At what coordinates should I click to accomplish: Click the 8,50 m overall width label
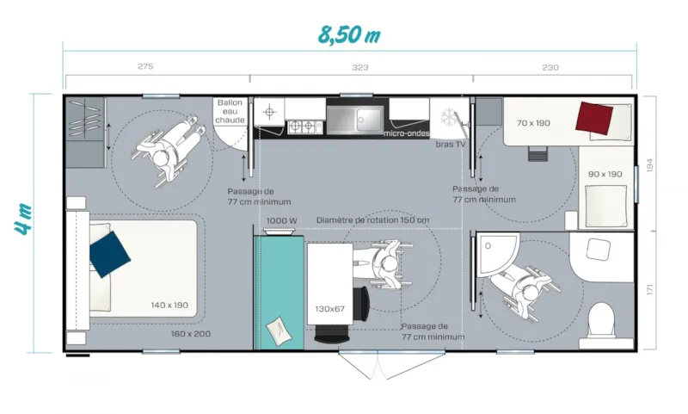click(x=348, y=35)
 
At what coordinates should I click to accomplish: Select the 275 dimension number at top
click(x=145, y=67)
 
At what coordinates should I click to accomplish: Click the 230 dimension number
click(x=550, y=67)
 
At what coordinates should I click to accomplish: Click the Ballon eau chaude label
click(x=230, y=111)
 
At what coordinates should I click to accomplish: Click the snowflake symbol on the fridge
click(x=449, y=117)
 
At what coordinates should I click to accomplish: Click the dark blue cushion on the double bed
click(x=110, y=253)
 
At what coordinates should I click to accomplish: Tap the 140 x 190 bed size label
click(x=169, y=305)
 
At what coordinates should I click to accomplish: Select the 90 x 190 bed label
click(x=605, y=175)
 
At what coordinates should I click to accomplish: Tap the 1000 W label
click(x=281, y=221)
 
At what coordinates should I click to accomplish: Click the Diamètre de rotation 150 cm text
click(x=372, y=220)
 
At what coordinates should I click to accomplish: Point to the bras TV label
click(x=450, y=144)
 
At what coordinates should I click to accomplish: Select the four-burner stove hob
click(x=304, y=126)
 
